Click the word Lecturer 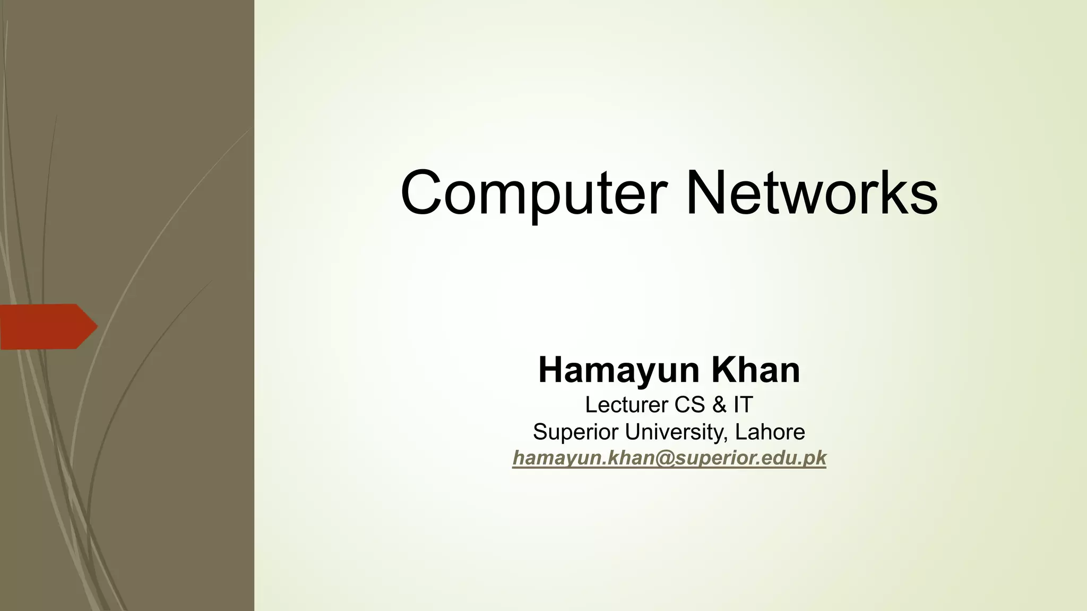(626, 405)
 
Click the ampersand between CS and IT (719, 405)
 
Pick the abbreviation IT (743, 405)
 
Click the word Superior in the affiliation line (575, 432)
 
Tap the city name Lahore (770, 432)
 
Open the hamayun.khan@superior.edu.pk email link (669, 458)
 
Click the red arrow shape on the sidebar (45, 327)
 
